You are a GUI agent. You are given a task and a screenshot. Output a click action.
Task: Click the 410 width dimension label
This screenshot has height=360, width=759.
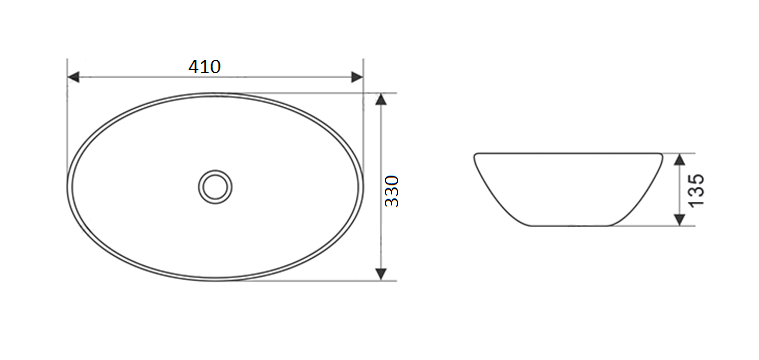click(x=204, y=67)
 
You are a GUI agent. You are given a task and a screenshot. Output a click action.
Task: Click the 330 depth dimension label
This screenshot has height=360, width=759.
click(x=392, y=191)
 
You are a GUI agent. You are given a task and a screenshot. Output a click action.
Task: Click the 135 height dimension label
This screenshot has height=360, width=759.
click(x=697, y=190)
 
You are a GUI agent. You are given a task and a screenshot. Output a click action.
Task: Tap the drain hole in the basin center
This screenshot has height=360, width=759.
click(x=215, y=187)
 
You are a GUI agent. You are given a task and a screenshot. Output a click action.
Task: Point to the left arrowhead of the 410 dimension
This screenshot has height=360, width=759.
click(x=73, y=77)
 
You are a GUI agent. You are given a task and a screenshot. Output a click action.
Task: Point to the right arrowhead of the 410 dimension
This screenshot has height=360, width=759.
click(x=357, y=77)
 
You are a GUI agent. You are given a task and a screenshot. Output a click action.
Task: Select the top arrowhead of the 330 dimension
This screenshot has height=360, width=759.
click(x=381, y=99)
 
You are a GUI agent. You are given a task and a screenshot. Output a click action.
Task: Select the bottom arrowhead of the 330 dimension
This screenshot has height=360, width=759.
click(x=381, y=274)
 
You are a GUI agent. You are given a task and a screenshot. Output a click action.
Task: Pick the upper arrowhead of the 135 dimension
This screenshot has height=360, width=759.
click(x=680, y=159)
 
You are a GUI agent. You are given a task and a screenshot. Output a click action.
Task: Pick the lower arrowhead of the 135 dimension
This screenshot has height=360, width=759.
click(x=680, y=220)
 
